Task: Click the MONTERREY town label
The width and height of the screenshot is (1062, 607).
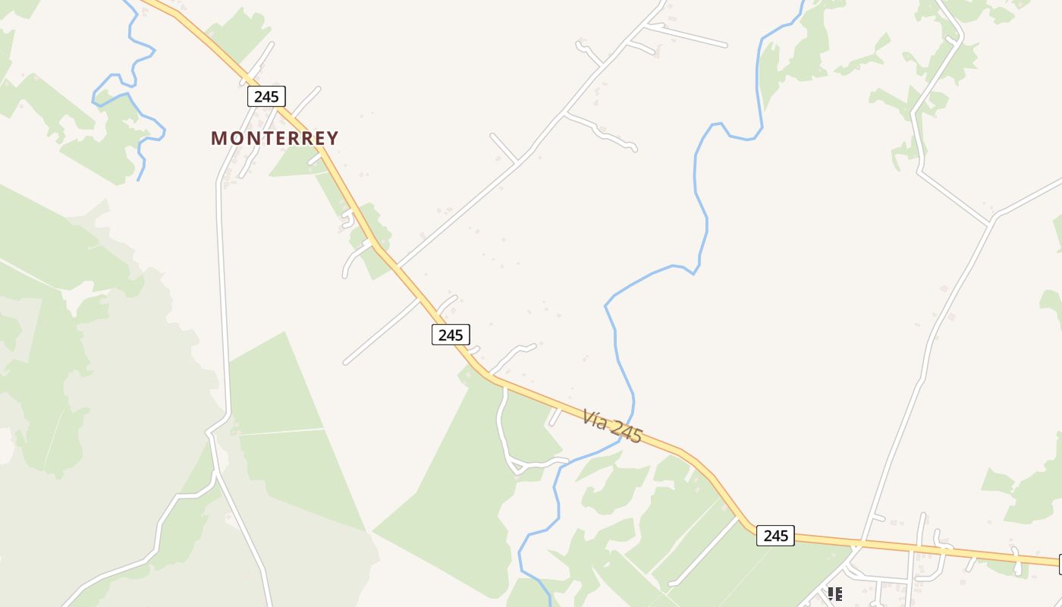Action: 275,138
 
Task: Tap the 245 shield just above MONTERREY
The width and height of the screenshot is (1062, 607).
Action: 266,96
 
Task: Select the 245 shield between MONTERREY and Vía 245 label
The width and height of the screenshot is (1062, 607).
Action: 451,335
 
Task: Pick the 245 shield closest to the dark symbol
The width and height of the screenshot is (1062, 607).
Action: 775,536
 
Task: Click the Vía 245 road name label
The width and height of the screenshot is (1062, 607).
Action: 613,427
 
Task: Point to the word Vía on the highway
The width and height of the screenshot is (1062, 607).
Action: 595,418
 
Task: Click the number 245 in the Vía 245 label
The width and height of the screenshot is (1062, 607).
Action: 626,432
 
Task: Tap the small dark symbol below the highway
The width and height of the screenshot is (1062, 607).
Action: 834,593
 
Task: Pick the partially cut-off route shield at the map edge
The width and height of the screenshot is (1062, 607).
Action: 1060,564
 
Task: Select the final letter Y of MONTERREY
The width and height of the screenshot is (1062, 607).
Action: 332,138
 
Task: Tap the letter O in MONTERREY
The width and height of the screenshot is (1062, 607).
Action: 233,138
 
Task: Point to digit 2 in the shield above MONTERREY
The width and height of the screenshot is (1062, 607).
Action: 258,96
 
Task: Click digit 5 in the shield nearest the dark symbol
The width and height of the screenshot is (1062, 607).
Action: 784,536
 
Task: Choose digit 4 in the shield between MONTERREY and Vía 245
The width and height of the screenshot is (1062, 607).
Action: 451,335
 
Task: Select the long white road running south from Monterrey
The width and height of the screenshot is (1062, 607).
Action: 223,303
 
